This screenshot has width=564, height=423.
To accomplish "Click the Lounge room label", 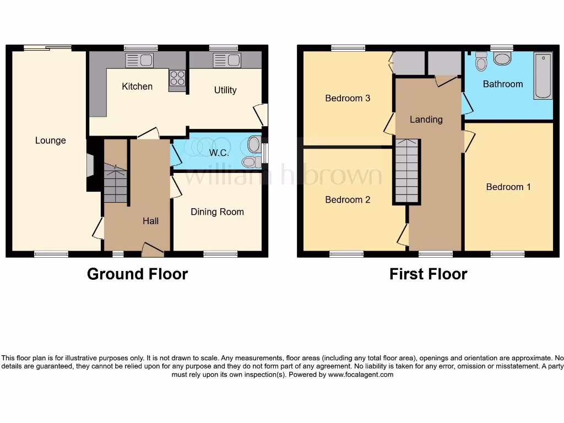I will click(50, 140).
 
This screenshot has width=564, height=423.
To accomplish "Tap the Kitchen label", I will click(137, 86).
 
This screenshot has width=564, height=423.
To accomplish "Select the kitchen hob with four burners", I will click(177, 79).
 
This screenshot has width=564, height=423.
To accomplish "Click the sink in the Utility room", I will click(226, 60).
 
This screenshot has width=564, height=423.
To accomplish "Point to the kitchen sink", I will click(139, 60).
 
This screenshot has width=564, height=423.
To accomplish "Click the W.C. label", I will click(219, 153).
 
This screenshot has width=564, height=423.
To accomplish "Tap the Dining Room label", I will click(217, 212).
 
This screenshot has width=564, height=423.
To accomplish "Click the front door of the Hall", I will click(153, 251).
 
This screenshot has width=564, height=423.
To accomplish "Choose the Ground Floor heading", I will click(137, 274).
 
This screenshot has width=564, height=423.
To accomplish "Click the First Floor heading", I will click(428, 274).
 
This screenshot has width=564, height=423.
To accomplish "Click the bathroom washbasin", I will click(502, 58).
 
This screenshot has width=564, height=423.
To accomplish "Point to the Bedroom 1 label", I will click(508, 187).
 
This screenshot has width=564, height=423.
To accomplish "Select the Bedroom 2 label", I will click(348, 199).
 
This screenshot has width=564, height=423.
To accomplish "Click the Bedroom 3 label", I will click(348, 98).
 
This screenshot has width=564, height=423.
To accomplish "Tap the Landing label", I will click(426, 120).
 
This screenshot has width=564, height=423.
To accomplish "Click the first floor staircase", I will click(406, 171).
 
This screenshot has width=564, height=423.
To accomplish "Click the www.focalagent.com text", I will click(361, 375).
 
